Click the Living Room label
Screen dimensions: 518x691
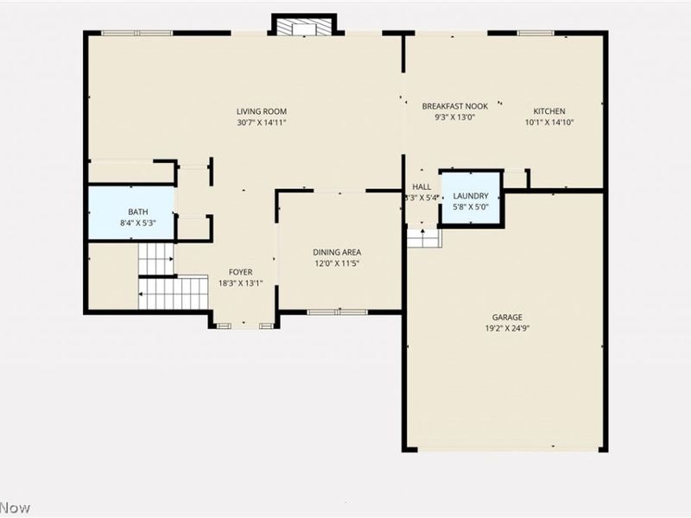click(x=262, y=111)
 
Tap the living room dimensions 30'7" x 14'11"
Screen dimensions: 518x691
click(x=262, y=123)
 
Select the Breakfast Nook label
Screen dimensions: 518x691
click(x=454, y=106)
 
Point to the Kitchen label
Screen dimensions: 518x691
click(x=549, y=111)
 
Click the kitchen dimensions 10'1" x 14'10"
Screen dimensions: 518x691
click(x=549, y=123)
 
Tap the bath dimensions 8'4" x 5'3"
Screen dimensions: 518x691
click(x=138, y=224)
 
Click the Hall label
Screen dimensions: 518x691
click(x=422, y=187)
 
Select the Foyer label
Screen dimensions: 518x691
click(x=240, y=272)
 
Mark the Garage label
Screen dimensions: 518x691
click(x=508, y=317)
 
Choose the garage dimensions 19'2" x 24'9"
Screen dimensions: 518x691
click(x=508, y=328)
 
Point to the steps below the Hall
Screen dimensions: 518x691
click(x=423, y=237)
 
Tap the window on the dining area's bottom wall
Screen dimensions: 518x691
click(x=338, y=312)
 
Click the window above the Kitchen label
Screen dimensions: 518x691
click(x=536, y=33)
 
